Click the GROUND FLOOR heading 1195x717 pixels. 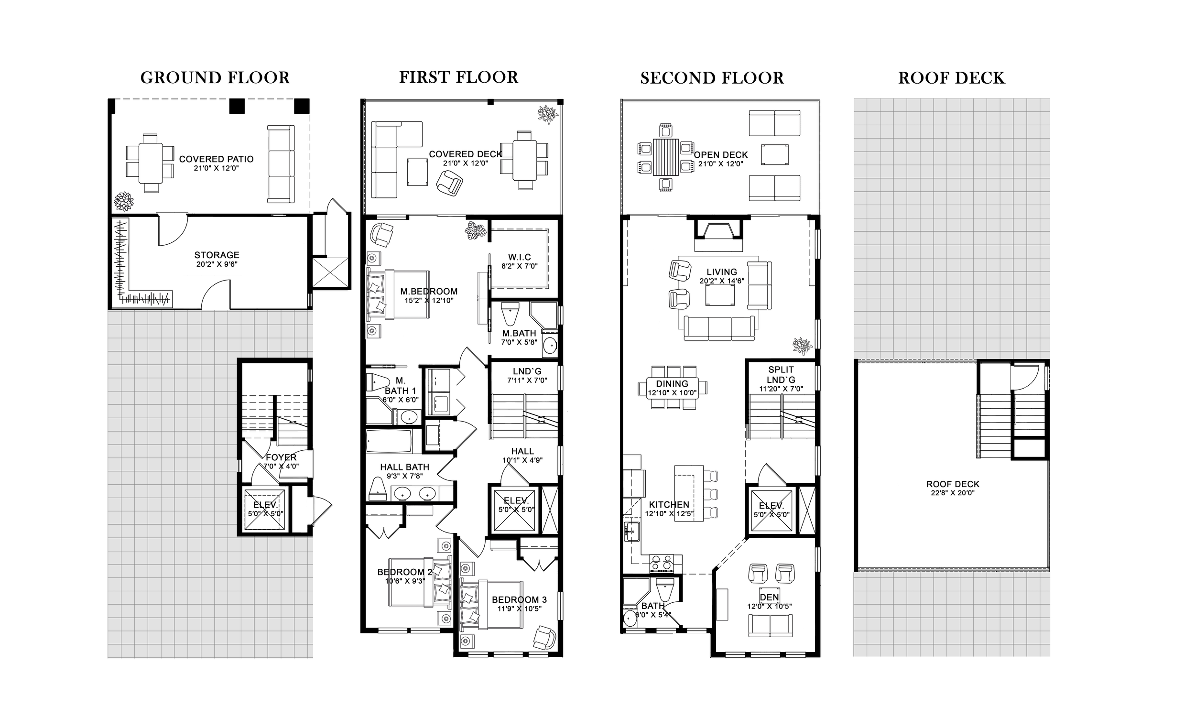[x=215, y=78]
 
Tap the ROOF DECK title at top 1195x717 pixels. [x=951, y=78]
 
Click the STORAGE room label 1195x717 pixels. [x=217, y=255]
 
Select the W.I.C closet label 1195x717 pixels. [x=519, y=258]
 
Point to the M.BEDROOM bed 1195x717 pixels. [x=398, y=295]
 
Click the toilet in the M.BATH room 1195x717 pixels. [x=511, y=315]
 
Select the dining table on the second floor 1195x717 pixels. [x=672, y=388]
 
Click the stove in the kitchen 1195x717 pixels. [x=662, y=564]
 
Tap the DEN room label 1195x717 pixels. [x=769, y=597]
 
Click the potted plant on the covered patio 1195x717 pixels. [x=123, y=201]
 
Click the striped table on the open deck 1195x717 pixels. [x=665, y=157]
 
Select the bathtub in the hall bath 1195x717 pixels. [x=388, y=441]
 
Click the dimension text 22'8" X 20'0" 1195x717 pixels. [x=952, y=493]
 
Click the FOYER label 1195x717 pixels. [x=281, y=457]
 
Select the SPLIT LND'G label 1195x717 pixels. [x=781, y=374]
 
